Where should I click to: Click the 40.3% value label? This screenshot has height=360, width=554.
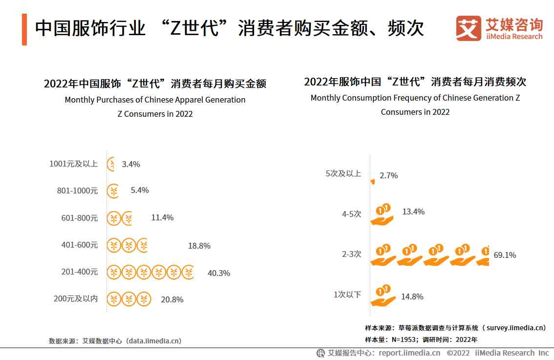coord(218,273)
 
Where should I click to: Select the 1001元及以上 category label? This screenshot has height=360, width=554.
coord(73,164)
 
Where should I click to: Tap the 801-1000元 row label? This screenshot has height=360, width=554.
coord(77,191)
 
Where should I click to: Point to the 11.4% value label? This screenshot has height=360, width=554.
coord(162,217)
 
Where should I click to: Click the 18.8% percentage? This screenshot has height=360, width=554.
coord(199,246)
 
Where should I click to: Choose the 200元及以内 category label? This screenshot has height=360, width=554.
coord(76,298)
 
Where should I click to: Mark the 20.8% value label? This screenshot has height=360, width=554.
coord(172,299)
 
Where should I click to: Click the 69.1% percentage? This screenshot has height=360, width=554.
coord(505,255)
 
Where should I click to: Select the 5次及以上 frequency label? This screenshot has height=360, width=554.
coord(343,173)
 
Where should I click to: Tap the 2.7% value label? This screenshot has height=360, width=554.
coord(388,175)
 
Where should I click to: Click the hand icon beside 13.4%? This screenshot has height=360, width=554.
coord(383,214)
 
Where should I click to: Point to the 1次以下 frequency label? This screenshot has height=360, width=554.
coord(347,295)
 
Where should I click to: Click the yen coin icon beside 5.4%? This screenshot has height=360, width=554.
coord(113,191)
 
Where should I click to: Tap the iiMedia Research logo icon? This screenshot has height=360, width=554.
coord(469,28)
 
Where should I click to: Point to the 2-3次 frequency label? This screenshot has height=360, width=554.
coord(351,254)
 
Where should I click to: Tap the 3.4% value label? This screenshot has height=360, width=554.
coord(131,164)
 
